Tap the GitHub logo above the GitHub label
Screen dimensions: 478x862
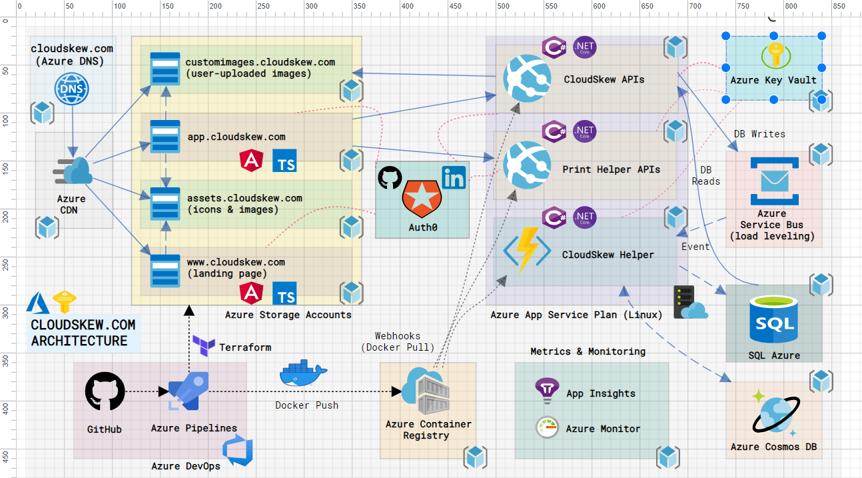pyautogui.click(x=105, y=392)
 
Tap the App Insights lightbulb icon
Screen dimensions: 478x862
pyautogui.click(x=547, y=391)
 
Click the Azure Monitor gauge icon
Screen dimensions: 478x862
pyautogui.click(x=547, y=428)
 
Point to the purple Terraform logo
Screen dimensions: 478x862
pyautogui.click(x=203, y=346)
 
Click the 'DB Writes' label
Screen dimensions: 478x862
pyautogui.click(x=759, y=134)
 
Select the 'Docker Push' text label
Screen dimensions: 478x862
pyautogui.click(x=306, y=405)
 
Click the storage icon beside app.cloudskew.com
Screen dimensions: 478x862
pyautogui.click(x=165, y=137)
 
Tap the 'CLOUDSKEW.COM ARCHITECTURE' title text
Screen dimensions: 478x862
pyautogui.click(x=83, y=333)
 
